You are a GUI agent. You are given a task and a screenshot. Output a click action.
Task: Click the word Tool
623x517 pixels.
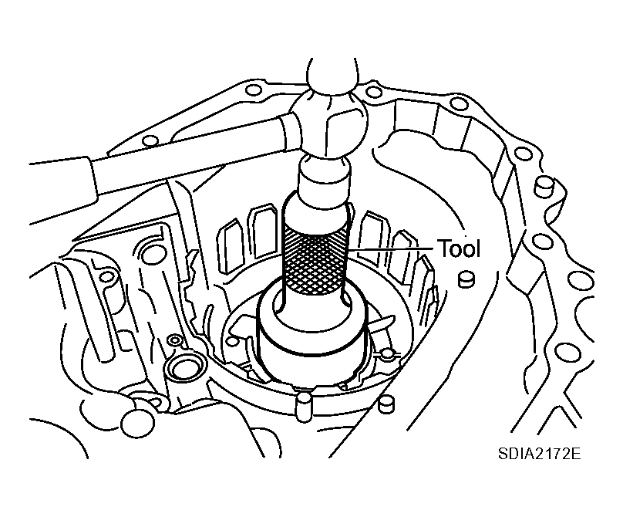[x=459, y=248]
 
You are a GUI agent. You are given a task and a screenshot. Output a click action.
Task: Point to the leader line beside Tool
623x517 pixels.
[x=392, y=248]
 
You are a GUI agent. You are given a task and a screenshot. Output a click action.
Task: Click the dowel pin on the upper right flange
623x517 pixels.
[x=546, y=186]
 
